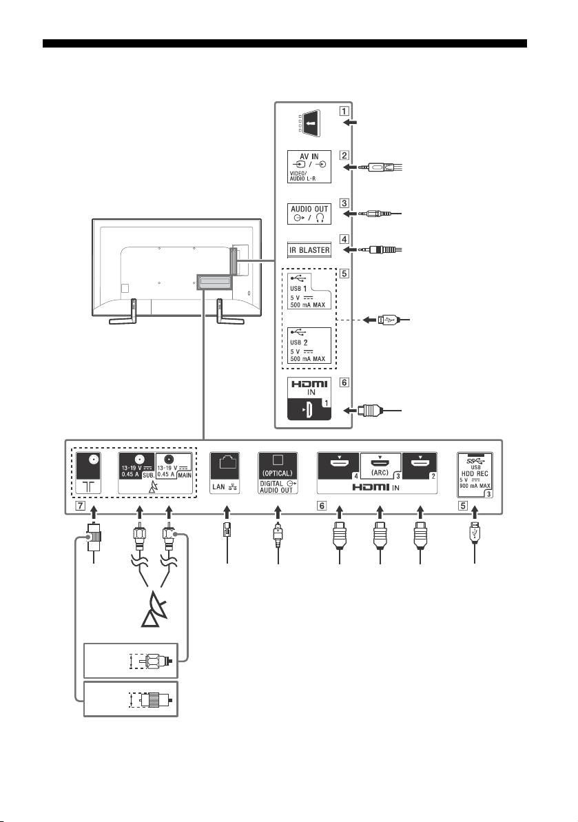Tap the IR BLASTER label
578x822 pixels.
click(x=309, y=249)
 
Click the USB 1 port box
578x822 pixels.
click(x=309, y=290)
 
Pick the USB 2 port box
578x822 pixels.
click(x=309, y=345)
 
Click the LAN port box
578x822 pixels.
click(x=225, y=473)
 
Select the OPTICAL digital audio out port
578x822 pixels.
click(x=278, y=473)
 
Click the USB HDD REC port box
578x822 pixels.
click(x=475, y=475)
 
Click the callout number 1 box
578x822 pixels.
click(x=344, y=111)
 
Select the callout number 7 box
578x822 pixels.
click(x=80, y=506)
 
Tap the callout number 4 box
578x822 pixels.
click(x=344, y=239)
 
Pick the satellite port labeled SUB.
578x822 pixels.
click(x=138, y=466)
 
